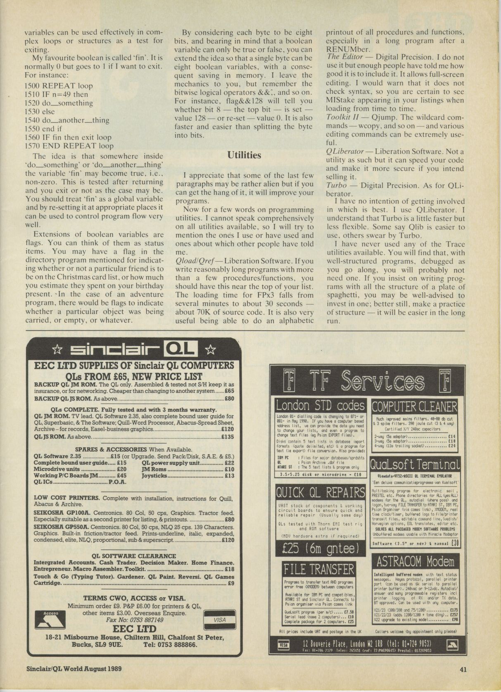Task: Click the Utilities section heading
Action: [x=244, y=155]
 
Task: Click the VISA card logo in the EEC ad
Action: [x=220, y=620]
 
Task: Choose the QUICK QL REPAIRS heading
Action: [x=321, y=492]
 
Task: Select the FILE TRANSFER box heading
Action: [x=319, y=569]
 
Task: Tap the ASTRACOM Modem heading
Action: [x=415, y=561]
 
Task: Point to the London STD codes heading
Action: [x=321, y=405]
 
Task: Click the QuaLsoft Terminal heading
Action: [x=415, y=464]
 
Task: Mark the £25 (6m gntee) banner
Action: [x=320, y=548]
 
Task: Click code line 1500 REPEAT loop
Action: [x=59, y=86]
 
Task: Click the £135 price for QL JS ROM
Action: [x=228, y=437]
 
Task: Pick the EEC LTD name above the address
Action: [x=135, y=629]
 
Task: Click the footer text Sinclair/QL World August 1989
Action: [x=71, y=668]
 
